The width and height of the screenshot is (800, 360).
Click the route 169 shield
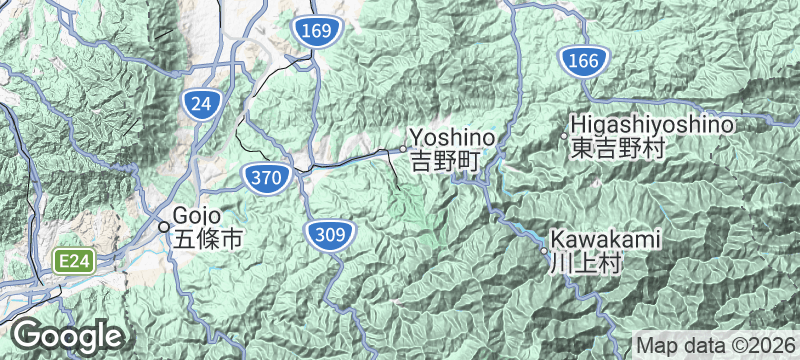tap(313, 32)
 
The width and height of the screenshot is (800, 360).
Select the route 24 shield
tap(201, 102)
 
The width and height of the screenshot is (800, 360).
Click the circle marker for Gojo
tap(164, 227)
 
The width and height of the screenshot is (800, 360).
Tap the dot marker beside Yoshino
tap(403, 149)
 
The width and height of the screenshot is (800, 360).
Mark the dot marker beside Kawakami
tap(545, 250)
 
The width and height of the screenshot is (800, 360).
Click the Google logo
tap(68, 335)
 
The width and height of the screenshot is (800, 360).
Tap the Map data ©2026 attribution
tap(714, 345)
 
